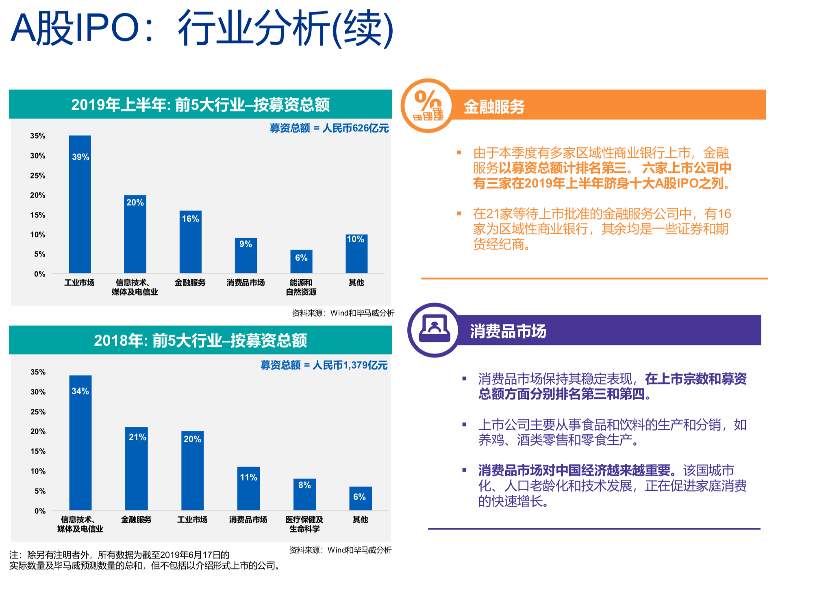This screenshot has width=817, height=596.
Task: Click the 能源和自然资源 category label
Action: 301,287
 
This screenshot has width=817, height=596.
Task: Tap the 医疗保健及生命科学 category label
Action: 304,524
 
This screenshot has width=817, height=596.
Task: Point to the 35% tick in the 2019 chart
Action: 37,136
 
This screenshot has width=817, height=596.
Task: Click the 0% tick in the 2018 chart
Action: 40,511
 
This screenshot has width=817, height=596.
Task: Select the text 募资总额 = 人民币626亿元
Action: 329,128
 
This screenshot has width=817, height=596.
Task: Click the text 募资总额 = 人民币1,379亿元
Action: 324,365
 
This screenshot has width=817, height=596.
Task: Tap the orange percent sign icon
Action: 428,106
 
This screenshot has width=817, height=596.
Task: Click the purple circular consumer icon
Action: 435,330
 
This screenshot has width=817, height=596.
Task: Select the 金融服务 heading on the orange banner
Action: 494,107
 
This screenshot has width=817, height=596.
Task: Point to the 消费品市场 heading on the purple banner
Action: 508,331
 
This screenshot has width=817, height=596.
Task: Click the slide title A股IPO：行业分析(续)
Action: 202,28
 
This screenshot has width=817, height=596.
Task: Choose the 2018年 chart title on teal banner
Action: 200,340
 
